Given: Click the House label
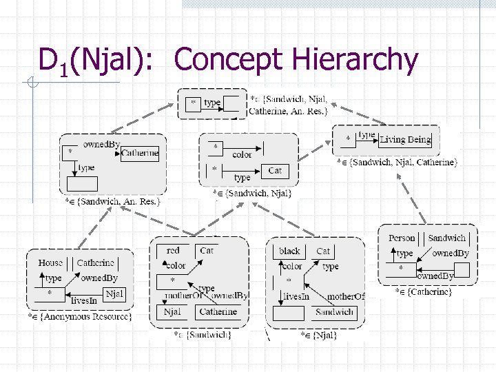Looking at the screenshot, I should pyautogui.click(x=50, y=262).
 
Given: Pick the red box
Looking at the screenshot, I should pyautogui.click(x=173, y=251).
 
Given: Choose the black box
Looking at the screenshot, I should pyautogui.click(x=290, y=251).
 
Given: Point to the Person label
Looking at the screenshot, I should pyautogui.click(x=402, y=238).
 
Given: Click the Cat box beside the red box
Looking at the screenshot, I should pyautogui.click(x=206, y=251).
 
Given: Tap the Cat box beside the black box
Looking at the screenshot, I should pyautogui.click(x=322, y=251).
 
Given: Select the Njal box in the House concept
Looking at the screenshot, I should pyautogui.click(x=114, y=293).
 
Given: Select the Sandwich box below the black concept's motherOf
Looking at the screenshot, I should pyautogui.click(x=335, y=312).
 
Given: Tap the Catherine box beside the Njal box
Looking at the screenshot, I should pyautogui.click(x=218, y=311).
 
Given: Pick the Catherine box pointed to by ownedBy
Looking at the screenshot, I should pyautogui.click(x=140, y=153).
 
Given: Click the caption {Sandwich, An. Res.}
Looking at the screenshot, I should pyautogui.click(x=114, y=201).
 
